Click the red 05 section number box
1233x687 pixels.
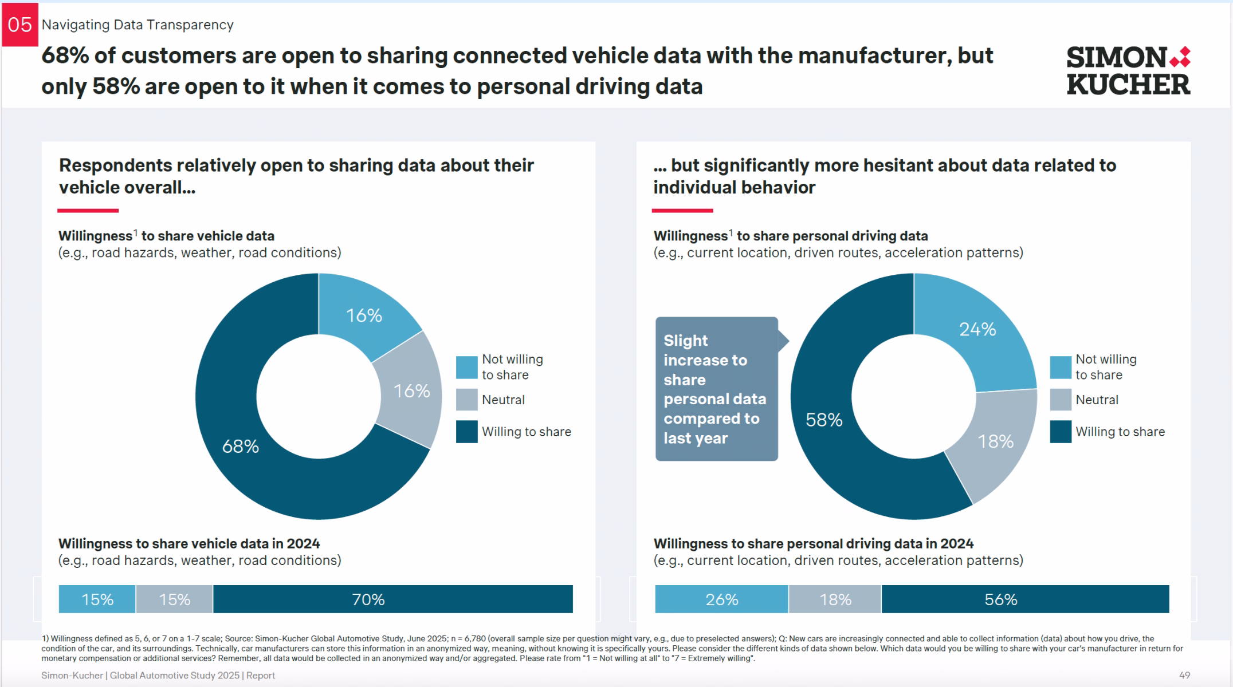point(19,25)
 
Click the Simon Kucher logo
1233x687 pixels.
point(1128,71)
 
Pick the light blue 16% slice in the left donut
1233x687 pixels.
point(364,315)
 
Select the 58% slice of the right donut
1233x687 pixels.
point(824,420)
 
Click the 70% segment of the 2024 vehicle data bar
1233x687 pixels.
point(392,599)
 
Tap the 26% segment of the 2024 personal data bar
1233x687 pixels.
point(721,599)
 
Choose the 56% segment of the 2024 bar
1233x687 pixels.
point(1024,599)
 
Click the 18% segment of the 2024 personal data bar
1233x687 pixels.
point(835,599)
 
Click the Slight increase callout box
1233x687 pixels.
point(716,389)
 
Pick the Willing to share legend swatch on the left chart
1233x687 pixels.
point(466,432)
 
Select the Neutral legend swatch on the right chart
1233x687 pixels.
point(1060,400)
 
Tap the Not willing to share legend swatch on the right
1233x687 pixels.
point(1060,367)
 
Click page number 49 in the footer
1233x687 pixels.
point(1184,676)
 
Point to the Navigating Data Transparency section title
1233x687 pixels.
point(138,25)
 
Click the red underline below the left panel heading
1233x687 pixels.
point(88,211)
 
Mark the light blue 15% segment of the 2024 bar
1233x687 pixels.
point(97,599)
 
